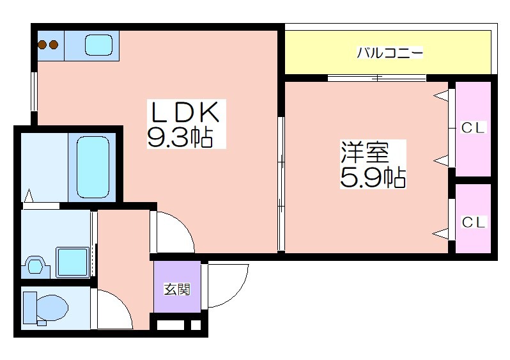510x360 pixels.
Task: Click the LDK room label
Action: click(184, 112)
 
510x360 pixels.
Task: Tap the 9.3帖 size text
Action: click(180, 137)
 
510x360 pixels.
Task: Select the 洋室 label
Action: click(365, 152)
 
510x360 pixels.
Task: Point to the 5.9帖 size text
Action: click(373, 177)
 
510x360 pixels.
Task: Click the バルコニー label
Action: click(390, 52)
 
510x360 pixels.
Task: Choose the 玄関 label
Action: click(177, 289)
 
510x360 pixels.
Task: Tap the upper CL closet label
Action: click(473, 128)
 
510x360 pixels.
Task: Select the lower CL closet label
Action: click(473, 223)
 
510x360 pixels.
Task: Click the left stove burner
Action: click(42, 45)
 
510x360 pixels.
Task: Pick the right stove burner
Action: click(54, 45)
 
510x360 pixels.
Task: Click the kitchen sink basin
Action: click(99, 45)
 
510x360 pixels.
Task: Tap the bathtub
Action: click(93, 167)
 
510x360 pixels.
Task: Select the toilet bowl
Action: click(52, 307)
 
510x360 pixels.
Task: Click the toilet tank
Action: click(30, 308)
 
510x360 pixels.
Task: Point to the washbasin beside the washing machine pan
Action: click(35, 266)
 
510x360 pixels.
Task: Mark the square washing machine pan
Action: click(72, 262)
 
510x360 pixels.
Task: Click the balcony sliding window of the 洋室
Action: click(376, 78)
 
